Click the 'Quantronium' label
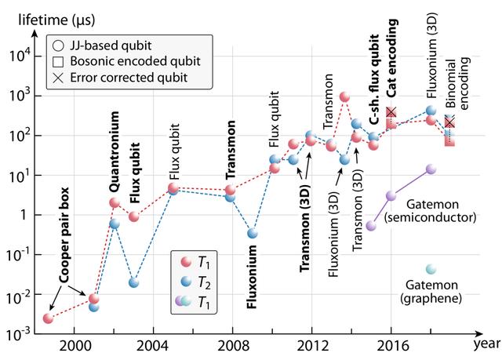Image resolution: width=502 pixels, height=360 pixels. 115,152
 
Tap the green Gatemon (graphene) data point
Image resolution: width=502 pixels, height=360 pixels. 431,269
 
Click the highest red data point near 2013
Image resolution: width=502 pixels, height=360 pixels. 344,96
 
